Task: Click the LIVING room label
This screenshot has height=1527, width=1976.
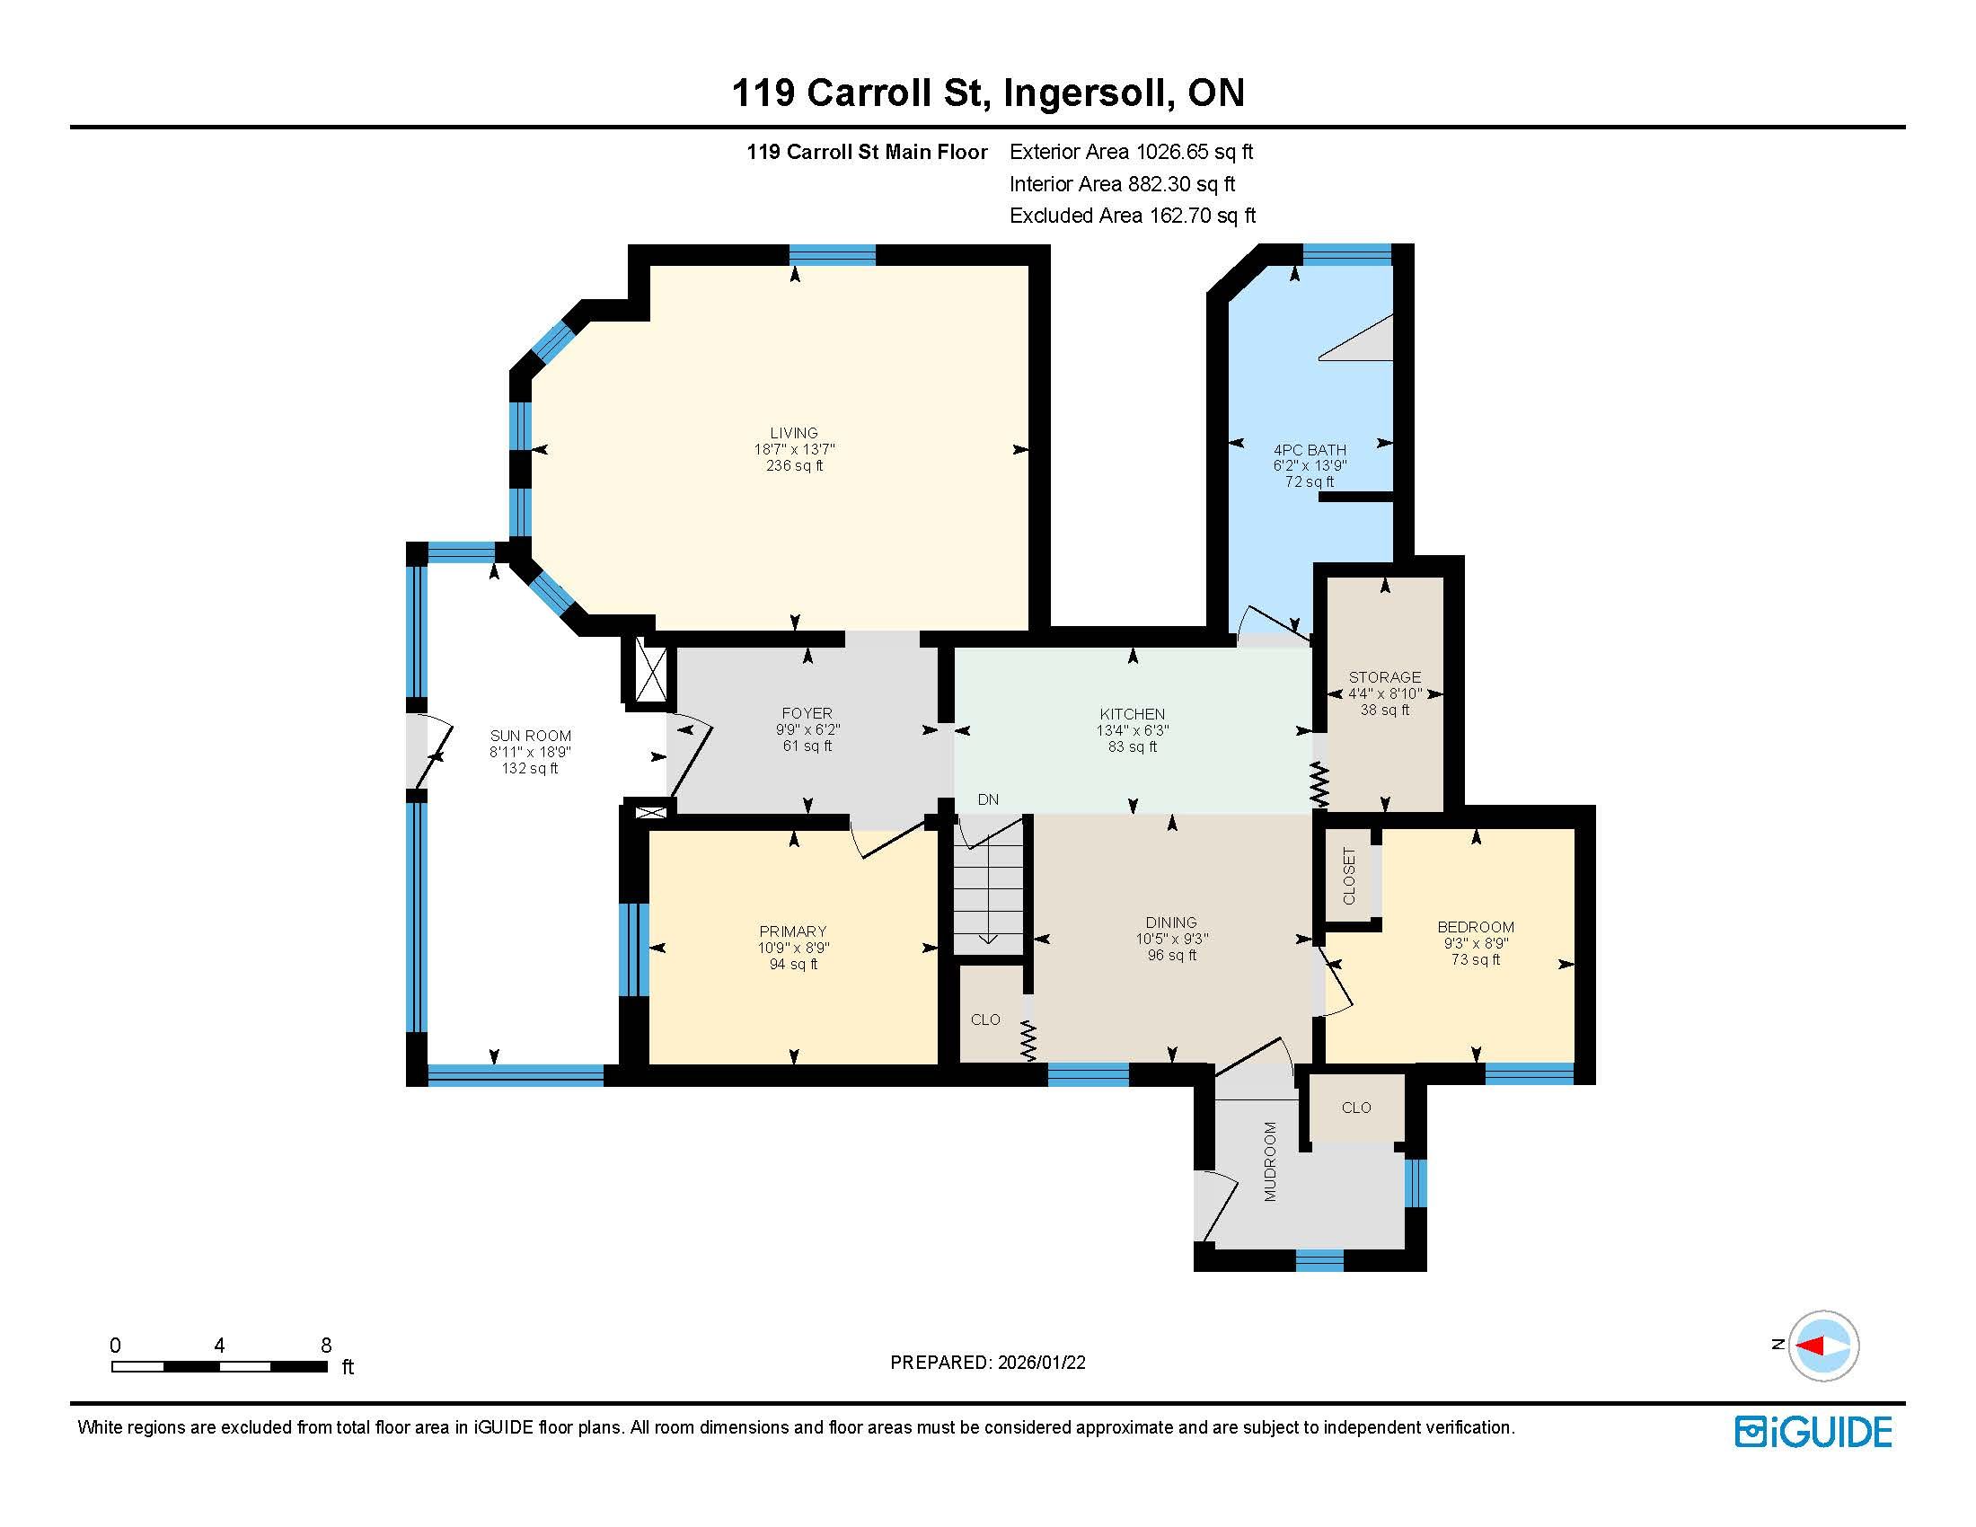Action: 793,433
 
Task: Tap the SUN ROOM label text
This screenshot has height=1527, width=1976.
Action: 530,737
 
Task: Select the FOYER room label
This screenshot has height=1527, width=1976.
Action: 807,714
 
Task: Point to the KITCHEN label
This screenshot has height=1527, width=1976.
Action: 1132,715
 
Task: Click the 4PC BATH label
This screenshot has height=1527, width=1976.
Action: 1310,450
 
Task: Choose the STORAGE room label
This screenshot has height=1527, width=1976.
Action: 1384,677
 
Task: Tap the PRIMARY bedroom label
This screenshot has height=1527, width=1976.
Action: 792,931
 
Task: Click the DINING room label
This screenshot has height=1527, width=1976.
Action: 1170,922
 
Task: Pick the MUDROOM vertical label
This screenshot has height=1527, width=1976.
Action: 1270,1161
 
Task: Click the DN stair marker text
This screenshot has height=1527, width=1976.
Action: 988,799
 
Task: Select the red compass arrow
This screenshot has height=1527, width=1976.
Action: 1811,1346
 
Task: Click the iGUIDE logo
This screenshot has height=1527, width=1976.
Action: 1813,1432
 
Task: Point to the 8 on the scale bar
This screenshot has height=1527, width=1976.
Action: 326,1346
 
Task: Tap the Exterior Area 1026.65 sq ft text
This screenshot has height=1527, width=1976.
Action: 1131,152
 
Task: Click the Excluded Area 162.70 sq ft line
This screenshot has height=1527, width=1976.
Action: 1133,216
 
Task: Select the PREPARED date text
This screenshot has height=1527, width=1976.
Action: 988,1363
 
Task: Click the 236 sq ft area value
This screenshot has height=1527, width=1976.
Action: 794,466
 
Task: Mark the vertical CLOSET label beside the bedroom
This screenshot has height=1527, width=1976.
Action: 1349,876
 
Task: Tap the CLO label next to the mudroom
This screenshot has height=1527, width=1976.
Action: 1356,1108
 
